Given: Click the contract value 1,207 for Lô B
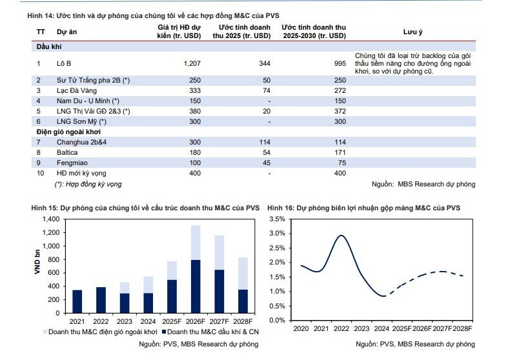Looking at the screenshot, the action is coord(192,63).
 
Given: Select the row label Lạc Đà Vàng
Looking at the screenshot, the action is coord(76,91).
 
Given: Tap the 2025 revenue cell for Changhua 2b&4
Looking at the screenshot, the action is coord(265,143).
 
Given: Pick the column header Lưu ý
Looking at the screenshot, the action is coord(413,32).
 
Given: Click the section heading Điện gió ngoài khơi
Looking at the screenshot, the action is coord(68,132).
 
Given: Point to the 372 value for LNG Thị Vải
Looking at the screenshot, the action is coord(340,112).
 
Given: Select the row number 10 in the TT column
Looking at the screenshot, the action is coord(40,173).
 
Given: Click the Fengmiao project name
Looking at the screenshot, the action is coord(72,163).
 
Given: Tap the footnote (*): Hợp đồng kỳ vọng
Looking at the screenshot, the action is coord(88,185).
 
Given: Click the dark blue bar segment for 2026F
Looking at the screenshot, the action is coord(196,286).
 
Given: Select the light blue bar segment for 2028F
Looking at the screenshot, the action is coord(243,274).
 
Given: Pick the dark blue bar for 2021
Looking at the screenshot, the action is coord(77,301).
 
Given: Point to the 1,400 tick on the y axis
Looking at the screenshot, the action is coord(51,219).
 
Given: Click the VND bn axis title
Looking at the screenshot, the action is coord(37,262).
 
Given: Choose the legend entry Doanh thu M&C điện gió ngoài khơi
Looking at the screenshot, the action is coord(100,332).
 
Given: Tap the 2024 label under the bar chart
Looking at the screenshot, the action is coord(148,322).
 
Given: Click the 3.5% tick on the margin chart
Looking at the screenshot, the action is coord(277,219).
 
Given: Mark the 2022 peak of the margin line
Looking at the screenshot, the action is coord(342,235).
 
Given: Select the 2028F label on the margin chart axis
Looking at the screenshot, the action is coord(462,329).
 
